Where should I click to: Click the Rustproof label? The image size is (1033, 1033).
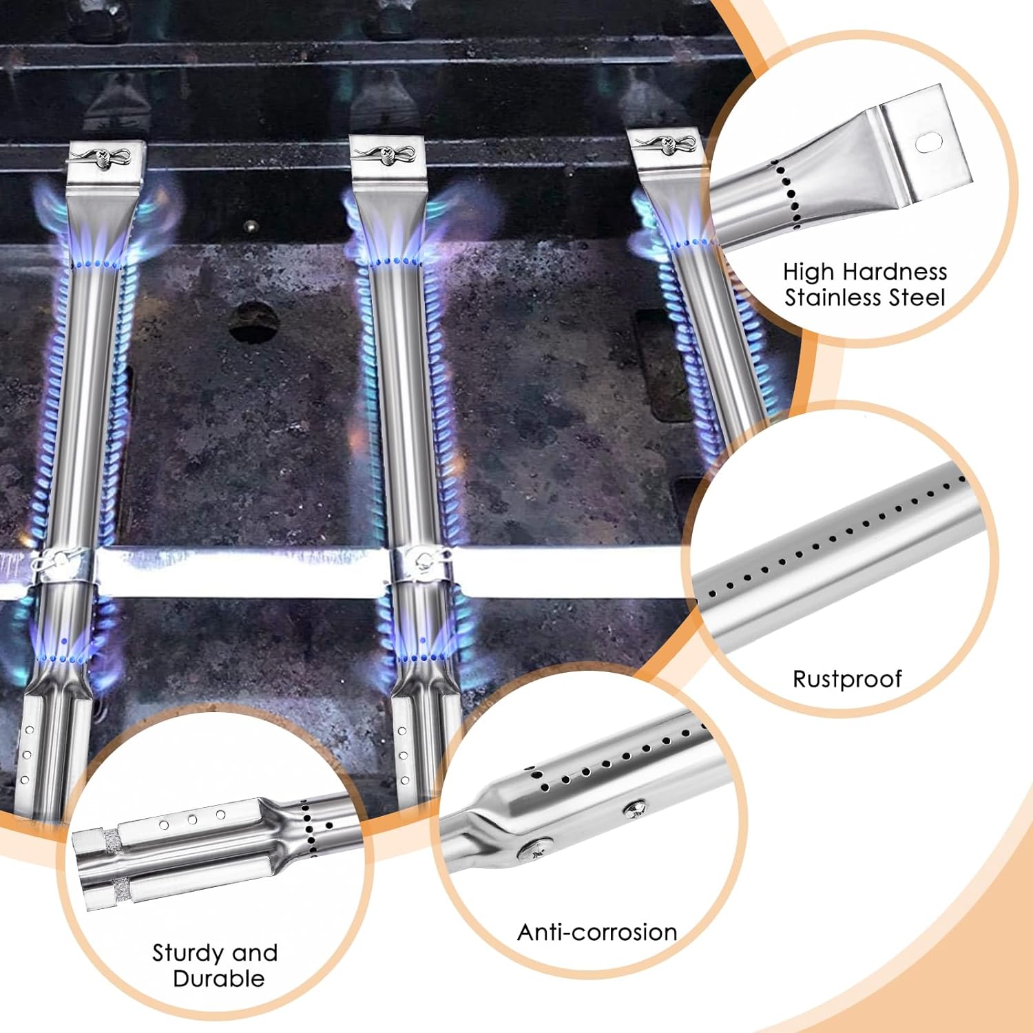click(x=847, y=679)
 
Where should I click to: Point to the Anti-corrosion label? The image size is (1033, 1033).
click(x=597, y=932)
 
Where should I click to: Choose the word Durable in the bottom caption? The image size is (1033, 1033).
click(x=219, y=979)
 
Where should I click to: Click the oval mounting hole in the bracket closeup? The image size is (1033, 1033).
click(x=928, y=142)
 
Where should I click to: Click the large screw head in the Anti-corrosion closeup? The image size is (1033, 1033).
click(x=536, y=848)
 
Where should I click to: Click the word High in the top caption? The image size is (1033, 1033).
click(x=808, y=272)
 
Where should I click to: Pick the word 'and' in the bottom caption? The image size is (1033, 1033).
click(x=255, y=953)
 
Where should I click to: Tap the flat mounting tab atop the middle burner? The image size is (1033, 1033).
click(x=388, y=157)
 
